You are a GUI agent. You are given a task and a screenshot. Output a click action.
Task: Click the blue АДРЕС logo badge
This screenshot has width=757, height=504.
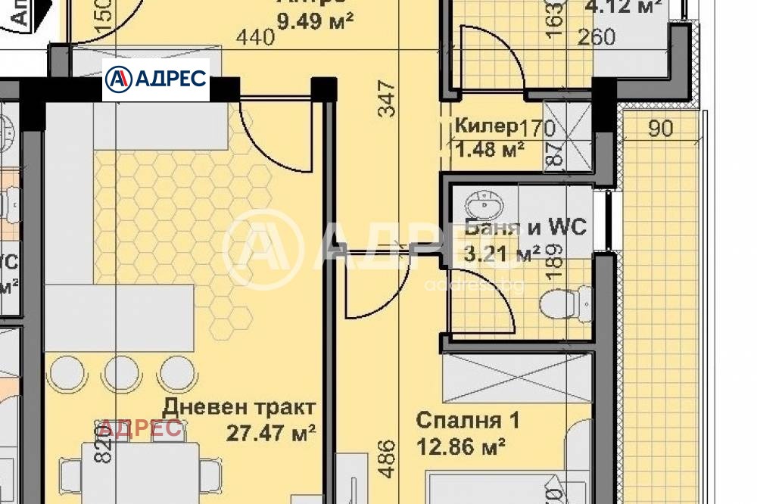(x=156, y=79)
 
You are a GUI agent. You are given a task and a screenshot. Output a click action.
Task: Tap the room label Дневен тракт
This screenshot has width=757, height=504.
(x=238, y=407)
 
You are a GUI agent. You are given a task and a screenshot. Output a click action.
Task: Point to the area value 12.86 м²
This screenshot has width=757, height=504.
(x=461, y=446)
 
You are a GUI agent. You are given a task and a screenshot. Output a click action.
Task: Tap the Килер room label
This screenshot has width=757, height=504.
(x=486, y=126)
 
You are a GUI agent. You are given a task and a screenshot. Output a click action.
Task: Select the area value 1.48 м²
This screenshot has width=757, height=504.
(x=490, y=149)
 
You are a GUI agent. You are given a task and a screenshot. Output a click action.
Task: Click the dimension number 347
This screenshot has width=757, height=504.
(x=386, y=99)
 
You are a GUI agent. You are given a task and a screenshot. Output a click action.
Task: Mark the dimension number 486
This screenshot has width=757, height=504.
(x=386, y=459)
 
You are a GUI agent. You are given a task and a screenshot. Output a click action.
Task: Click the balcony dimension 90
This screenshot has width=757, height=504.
(x=660, y=129)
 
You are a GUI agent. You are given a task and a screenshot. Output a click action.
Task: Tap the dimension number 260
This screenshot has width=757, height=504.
(x=597, y=38)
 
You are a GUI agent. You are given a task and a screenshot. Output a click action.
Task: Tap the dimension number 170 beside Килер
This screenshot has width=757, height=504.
(x=537, y=126)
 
